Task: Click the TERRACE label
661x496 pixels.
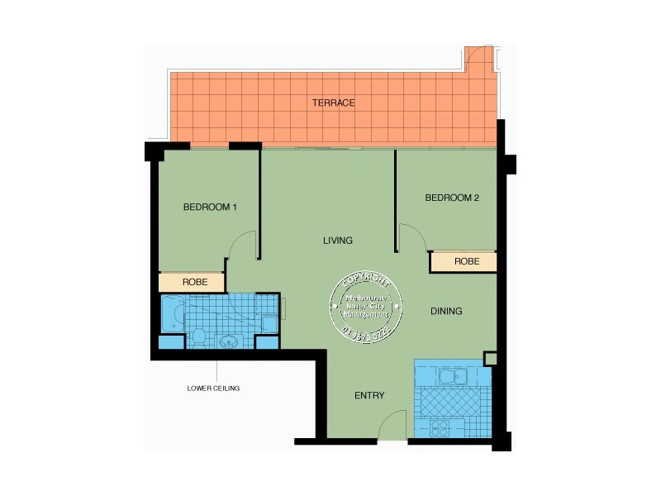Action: (334, 103)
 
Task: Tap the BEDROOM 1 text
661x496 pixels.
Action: (210, 207)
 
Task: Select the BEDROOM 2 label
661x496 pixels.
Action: (452, 198)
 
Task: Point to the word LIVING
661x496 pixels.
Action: (338, 241)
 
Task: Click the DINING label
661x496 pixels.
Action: (446, 312)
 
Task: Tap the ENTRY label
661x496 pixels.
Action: (369, 395)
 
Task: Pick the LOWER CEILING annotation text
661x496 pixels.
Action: (213, 388)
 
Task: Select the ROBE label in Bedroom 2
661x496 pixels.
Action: (467, 261)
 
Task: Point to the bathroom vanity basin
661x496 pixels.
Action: (229, 341)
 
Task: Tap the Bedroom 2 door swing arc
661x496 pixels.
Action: (412, 236)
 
